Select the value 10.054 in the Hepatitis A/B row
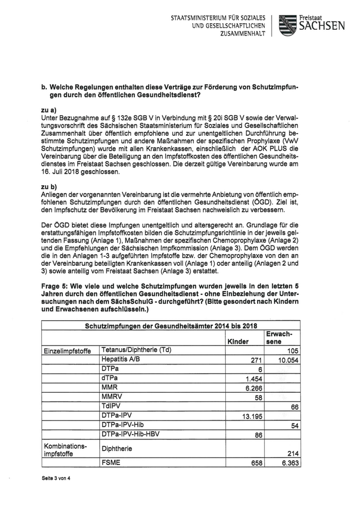pos(289,360)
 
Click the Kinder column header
pos(238,341)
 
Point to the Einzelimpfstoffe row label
pos(67,352)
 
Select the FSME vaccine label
pos(112,463)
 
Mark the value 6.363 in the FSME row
pos(290,463)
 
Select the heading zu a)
pos(49,110)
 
